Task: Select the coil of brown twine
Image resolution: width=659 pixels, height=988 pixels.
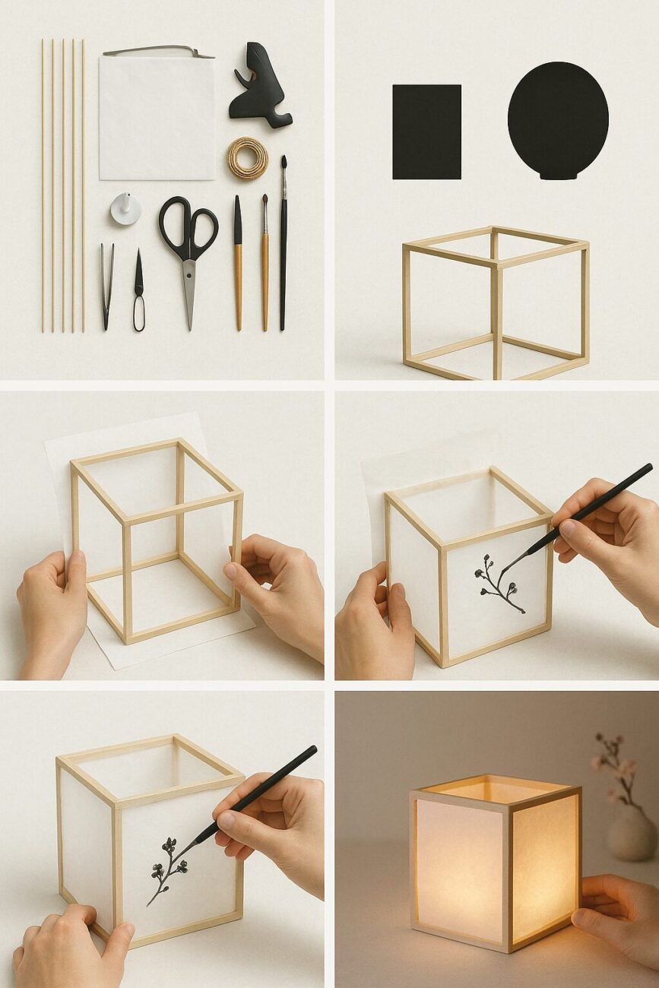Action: (x=247, y=158)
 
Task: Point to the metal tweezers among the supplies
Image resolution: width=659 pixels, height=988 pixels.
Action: (x=107, y=285)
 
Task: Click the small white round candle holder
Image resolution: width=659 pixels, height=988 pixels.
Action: (x=125, y=208)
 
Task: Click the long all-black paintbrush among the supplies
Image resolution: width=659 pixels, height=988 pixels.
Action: (x=284, y=243)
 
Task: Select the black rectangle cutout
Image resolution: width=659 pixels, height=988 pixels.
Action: (x=426, y=131)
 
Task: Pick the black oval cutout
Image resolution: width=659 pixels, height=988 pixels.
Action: (x=558, y=120)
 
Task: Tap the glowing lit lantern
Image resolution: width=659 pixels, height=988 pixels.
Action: (x=494, y=866)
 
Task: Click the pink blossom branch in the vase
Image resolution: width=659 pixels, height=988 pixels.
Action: (x=617, y=768)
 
